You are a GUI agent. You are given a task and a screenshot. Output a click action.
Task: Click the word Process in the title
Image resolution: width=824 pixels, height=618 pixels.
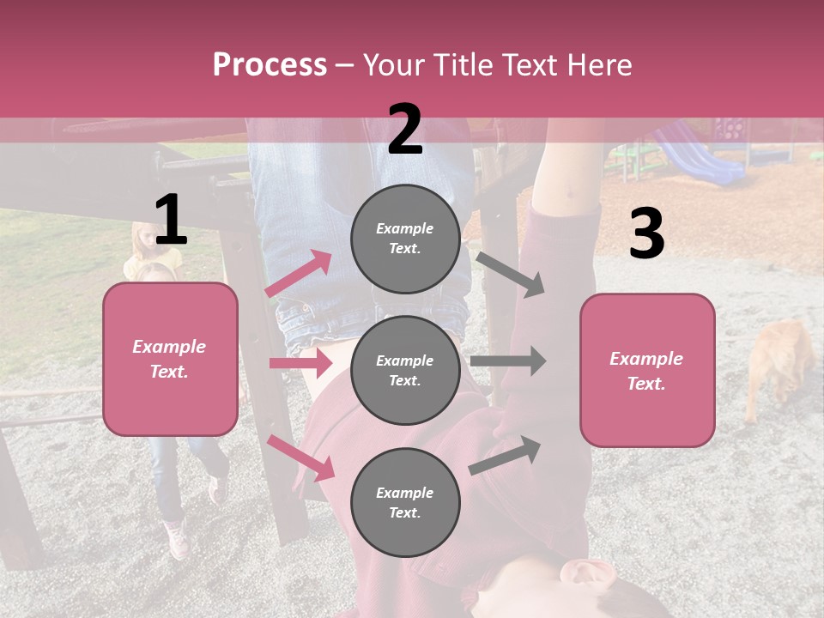tap(270, 65)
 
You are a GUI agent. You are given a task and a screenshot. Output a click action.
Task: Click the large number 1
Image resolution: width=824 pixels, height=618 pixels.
tap(171, 221)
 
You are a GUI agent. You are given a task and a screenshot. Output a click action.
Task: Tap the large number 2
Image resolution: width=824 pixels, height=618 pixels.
tap(404, 130)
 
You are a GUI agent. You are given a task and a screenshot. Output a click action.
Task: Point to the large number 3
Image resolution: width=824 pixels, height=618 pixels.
tap(646, 234)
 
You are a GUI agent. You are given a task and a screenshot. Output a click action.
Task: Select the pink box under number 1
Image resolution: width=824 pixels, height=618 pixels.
tap(170, 359)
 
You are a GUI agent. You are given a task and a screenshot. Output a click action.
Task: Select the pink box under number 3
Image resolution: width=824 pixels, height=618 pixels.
tap(647, 370)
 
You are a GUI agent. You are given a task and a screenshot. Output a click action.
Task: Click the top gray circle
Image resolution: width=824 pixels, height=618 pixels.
tap(405, 239)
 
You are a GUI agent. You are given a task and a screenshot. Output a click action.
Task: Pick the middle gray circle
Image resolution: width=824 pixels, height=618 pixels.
tap(405, 370)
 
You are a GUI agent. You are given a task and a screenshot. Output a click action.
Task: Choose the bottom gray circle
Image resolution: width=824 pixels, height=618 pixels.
tap(405, 502)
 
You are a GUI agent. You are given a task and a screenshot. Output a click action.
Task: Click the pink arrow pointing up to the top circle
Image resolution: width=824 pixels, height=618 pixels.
tap(299, 274)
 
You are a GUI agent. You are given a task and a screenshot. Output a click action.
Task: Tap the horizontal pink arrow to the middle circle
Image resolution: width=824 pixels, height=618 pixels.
tap(300, 363)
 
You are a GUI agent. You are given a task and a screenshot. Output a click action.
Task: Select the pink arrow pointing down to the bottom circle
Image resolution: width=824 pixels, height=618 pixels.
tap(301, 457)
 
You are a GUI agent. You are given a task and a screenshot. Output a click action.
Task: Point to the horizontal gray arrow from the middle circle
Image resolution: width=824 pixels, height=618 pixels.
tap(507, 361)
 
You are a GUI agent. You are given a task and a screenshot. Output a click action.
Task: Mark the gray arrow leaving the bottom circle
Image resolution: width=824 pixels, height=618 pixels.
tap(506, 456)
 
